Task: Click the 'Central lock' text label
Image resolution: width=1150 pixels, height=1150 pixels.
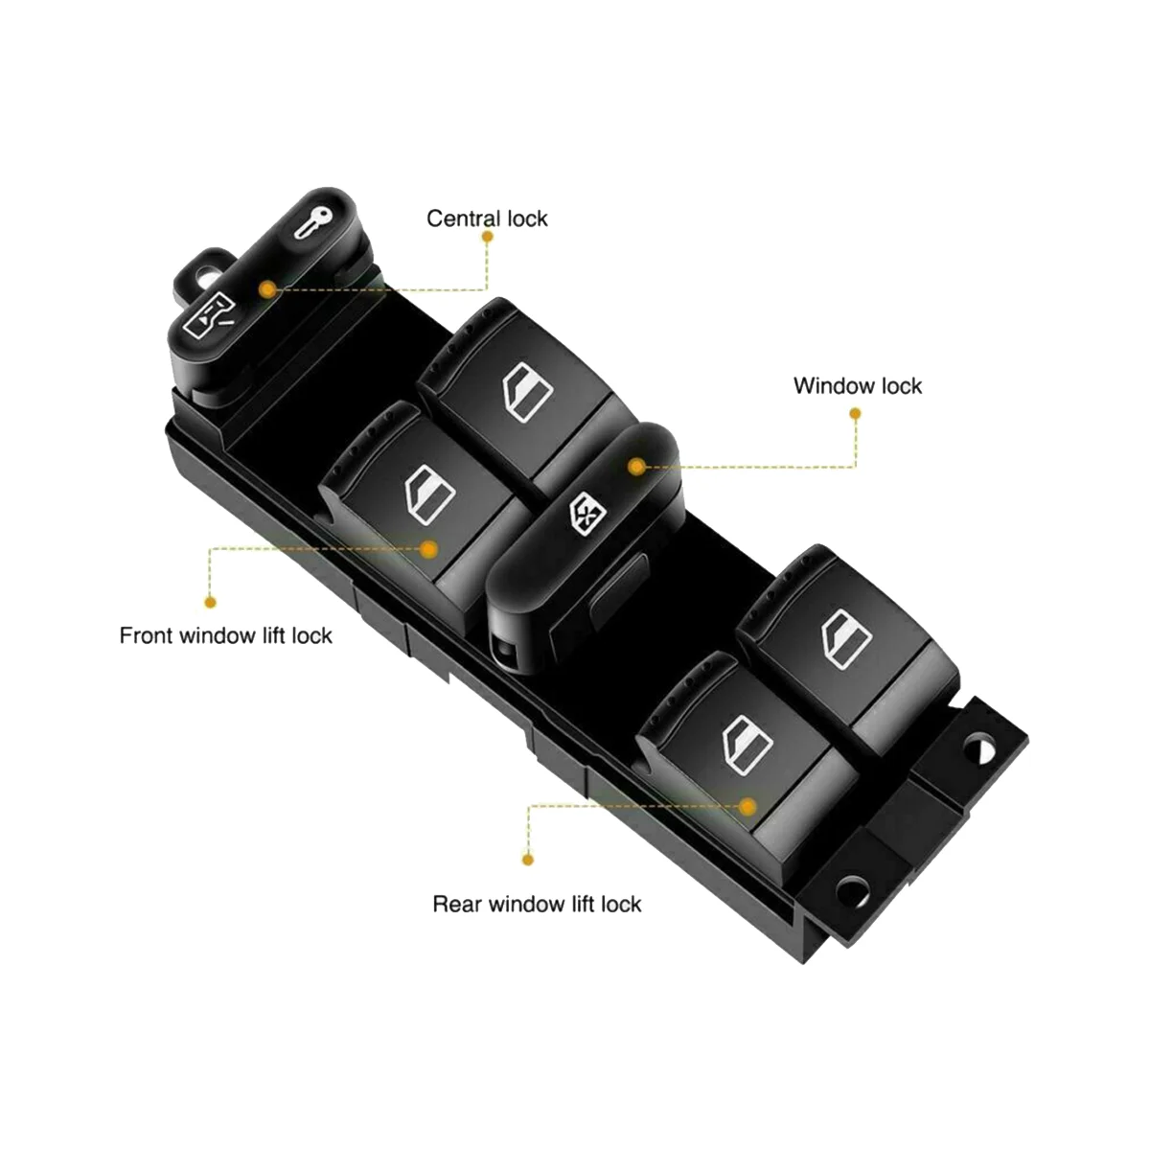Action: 487,218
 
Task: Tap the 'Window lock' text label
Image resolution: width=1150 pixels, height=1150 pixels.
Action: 857,386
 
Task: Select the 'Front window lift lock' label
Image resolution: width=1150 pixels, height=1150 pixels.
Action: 225,635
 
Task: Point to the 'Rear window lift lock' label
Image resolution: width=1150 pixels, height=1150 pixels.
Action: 537,904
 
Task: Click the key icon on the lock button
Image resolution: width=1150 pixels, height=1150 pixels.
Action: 312,225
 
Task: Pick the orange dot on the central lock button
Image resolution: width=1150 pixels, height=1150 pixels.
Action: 267,287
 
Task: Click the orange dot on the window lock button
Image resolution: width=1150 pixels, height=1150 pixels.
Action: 634,466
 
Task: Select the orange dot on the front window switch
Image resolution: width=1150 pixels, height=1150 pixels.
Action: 429,549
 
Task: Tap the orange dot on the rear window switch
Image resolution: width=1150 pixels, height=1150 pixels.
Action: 747,807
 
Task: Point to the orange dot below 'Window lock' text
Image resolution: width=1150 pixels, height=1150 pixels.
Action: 855,414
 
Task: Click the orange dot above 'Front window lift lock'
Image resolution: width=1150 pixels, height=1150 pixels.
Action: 210,602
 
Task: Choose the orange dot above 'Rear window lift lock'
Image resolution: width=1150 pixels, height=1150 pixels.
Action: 527,860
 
